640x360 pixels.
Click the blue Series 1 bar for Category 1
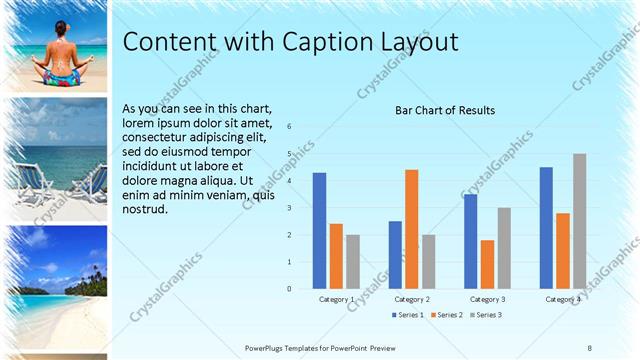pyautogui.click(x=319, y=231)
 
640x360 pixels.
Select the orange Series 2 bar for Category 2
pyautogui.click(x=411, y=229)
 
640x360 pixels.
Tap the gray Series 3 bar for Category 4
pyautogui.click(x=579, y=221)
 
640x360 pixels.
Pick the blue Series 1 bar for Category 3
pyautogui.click(x=470, y=241)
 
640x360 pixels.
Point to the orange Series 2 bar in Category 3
pyautogui.click(x=487, y=264)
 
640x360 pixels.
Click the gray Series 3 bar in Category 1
pyautogui.click(x=353, y=262)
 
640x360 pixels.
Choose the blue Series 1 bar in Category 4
pyautogui.click(x=546, y=228)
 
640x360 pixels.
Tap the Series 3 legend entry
pyautogui.click(x=486, y=315)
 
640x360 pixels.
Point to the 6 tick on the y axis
pyautogui.click(x=289, y=127)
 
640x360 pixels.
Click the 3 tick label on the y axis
pyautogui.click(x=289, y=208)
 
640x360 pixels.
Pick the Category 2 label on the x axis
pyautogui.click(x=412, y=299)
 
